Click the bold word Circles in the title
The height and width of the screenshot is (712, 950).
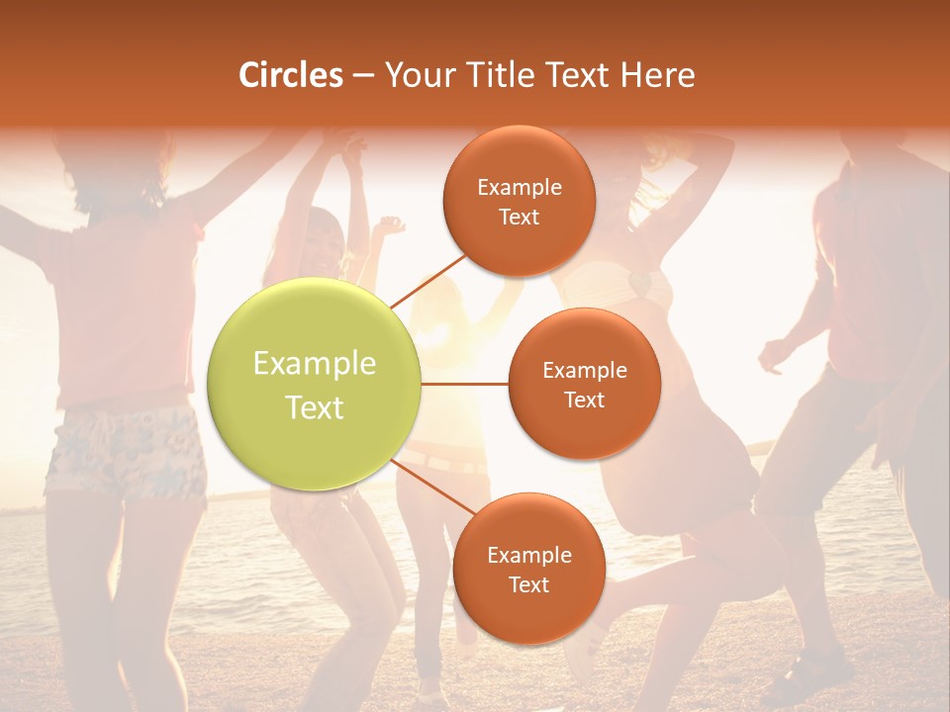291,75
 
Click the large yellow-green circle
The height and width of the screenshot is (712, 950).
315,384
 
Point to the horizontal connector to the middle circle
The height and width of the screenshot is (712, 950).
465,384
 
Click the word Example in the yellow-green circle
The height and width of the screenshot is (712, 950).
315,364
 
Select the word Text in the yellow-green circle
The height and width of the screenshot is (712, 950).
315,407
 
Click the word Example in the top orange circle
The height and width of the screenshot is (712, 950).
520,188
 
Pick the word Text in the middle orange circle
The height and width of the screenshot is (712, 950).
585,400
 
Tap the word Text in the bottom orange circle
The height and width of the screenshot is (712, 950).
529,585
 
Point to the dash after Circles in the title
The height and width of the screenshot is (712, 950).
363,75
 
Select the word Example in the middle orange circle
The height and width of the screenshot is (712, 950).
585,371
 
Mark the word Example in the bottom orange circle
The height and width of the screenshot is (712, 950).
529,556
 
